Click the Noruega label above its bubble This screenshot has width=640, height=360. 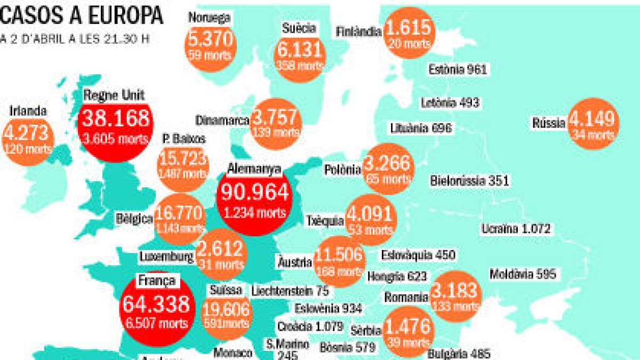coord(209,17)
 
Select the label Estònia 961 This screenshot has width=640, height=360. coord(458,69)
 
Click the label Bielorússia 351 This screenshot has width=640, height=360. coord(469,181)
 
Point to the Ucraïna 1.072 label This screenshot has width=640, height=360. coord(515,229)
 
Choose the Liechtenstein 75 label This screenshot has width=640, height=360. coord(290,291)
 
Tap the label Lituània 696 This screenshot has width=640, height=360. coord(421,128)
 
